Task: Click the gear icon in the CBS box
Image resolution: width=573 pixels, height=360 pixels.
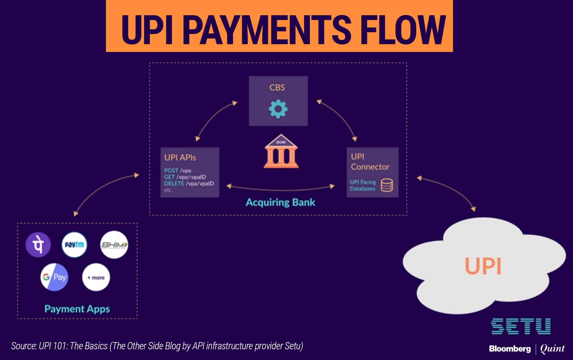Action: [278, 109]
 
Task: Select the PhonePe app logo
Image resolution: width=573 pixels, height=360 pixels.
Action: [38, 244]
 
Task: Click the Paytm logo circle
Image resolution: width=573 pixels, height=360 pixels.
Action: [74, 244]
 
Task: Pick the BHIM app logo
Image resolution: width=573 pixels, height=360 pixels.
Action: [114, 245]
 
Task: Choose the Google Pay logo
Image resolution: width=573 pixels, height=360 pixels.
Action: [54, 277]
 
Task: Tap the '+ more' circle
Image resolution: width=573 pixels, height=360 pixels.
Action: [96, 277]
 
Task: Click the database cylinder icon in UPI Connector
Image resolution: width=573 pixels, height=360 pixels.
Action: [387, 185]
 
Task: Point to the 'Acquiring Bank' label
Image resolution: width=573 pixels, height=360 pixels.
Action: [280, 203]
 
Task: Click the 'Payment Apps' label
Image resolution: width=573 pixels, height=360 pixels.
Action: [77, 309]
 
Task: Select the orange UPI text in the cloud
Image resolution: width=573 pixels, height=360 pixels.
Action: [483, 266]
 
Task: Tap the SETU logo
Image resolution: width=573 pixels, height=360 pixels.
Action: [521, 326]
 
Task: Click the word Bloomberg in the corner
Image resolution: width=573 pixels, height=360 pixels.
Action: [510, 349]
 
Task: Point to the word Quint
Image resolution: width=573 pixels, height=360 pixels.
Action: [552, 349]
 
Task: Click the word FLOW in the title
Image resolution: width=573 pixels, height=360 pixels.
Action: [403, 30]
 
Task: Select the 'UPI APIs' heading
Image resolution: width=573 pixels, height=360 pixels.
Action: [180, 158]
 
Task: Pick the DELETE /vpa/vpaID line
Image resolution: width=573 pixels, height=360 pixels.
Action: [189, 184]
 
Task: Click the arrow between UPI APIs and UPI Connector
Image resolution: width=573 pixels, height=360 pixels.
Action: [280, 188]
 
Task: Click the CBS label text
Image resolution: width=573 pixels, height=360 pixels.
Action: [277, 88]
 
